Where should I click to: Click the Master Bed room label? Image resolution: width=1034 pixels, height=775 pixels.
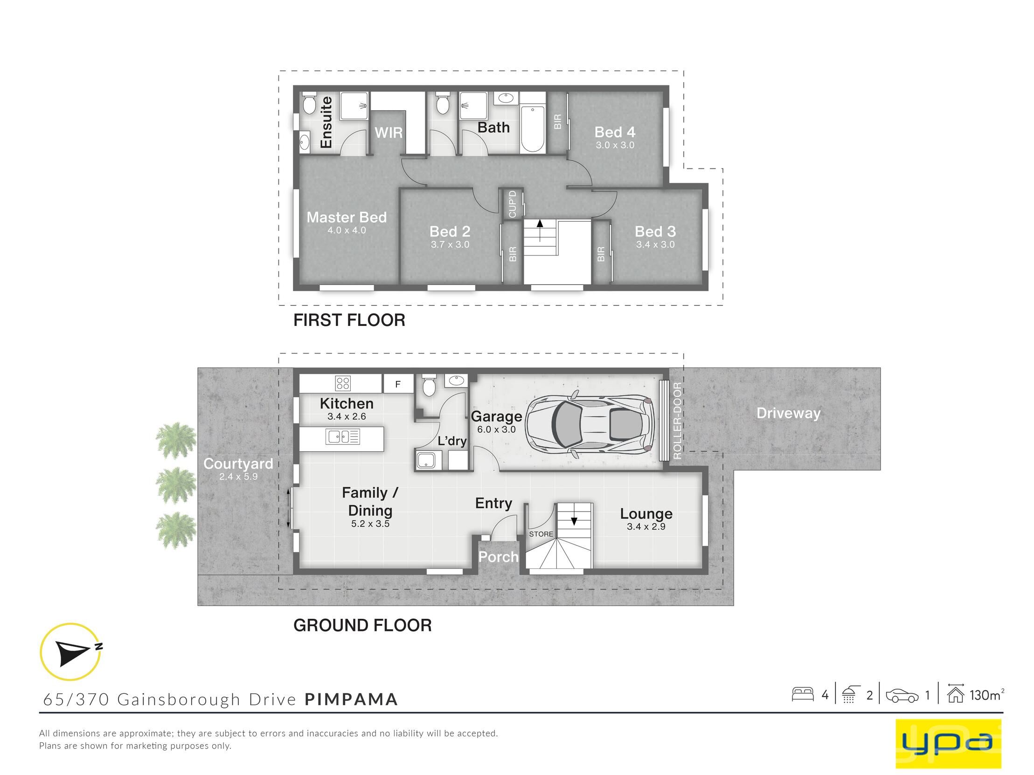pyautogui.click(x=347, y=217)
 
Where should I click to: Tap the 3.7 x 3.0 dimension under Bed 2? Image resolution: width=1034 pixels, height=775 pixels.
pyautogui.click(x=450, y=244)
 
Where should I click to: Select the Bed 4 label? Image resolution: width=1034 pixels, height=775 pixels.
pyautogui.click(x=615, y=132)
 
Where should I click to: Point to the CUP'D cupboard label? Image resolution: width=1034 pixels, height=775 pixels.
pyautogui.click(x=512, y=204)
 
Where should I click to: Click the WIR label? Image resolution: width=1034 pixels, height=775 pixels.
pyautogui.click(x=389, y=133)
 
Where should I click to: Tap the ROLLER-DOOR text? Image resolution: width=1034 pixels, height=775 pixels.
pyautogui.click(x=677, y=420)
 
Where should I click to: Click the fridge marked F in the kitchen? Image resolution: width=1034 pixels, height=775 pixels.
pyautogui.click(x=398, y=384)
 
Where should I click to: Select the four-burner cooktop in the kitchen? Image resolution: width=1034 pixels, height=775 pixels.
pyautogui.click(x=343, y=383)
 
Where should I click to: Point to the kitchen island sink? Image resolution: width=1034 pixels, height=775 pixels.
pyautogui.click(x=343, y=437)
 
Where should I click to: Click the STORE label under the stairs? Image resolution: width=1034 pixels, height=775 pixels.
pyautogui.click(x=541, y=534)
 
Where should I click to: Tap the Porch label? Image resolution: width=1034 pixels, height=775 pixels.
pyautogui.click(x=498, y=557)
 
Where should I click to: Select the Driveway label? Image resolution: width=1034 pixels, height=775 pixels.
pyautogui.click(x=788, y=413)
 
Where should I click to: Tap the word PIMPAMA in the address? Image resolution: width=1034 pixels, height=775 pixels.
pyautogui.click(x=351, y=699)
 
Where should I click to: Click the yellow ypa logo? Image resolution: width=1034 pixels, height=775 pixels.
pyautogui.click(x=949, y=743)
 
